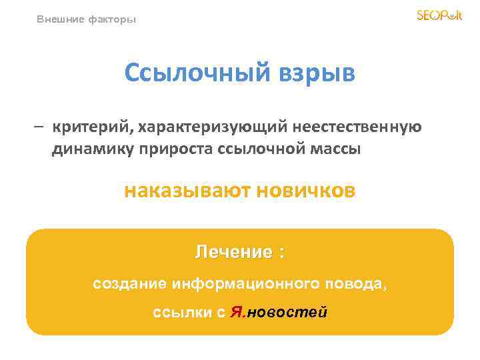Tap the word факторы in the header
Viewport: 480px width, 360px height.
click(x=112, y=19)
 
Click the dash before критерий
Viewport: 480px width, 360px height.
click(x=41, y=127)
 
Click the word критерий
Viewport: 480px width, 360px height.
click(x=91, y=127)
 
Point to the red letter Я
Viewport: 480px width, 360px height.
click(x=235, y=313)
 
